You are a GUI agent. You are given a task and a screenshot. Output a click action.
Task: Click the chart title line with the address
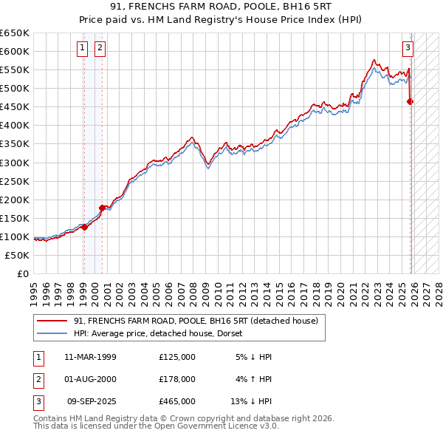click(221, 8)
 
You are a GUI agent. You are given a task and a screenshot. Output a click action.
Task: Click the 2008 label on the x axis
click(191, 292)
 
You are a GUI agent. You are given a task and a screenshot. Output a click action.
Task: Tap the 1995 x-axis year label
click(34, 292)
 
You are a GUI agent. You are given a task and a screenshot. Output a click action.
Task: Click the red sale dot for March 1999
click(84, 227)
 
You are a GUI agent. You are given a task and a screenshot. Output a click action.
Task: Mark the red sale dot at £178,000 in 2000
click(102, 208)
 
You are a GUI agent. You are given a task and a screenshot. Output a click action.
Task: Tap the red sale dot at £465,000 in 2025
click(411, 101)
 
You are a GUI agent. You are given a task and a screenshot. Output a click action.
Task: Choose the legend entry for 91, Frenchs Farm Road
click(196, 321)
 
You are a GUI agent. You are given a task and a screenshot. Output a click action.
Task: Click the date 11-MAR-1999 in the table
click(90, 357)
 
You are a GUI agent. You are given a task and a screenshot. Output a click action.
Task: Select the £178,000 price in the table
click(176, 379)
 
